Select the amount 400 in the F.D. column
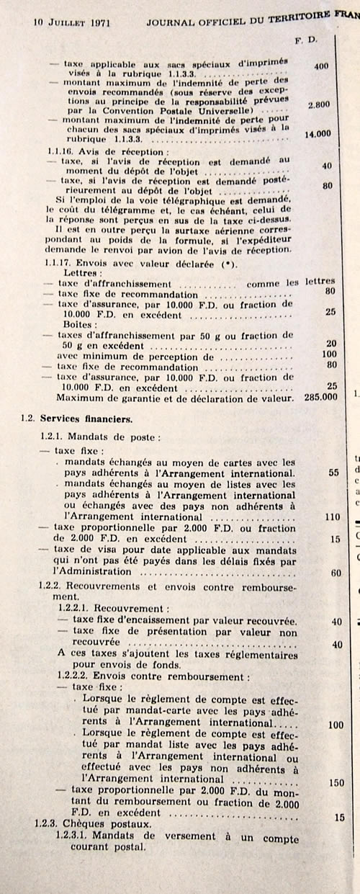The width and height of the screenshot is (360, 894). pyautogui.click(x=320, y=66)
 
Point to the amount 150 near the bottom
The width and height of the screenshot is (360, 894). pyautogui.click(x=335, y=782)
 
